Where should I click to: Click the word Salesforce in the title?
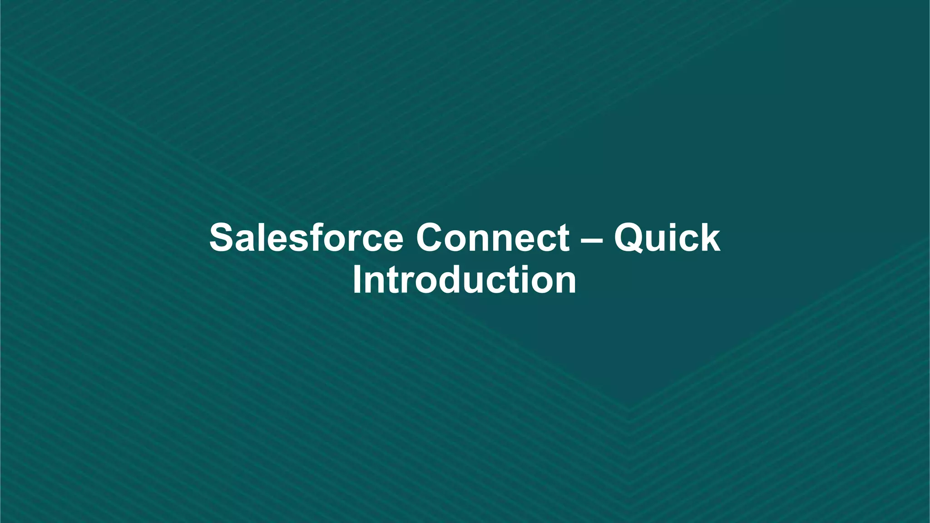pyautogui.click(x=306, y=238)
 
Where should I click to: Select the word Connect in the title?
pyautogui.click(x=493, y=238)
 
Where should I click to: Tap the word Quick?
pyautogui.click(x=667, y=238)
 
